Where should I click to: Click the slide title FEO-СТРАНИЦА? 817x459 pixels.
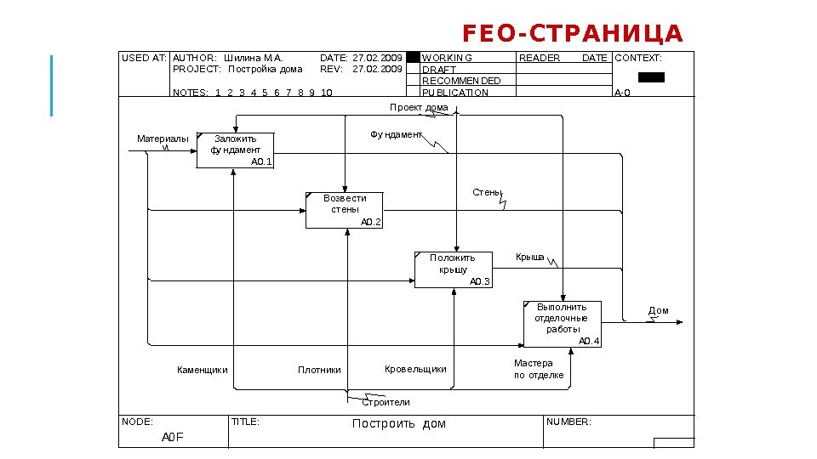click(572, 34)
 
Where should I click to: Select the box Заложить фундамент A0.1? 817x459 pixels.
click(235, 150)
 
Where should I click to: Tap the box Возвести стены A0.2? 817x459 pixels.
click(345, 210)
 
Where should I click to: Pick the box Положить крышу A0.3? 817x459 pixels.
click(453, 269)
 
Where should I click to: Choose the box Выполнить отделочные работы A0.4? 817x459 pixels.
click(562, 324)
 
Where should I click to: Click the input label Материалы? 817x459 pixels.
click(163, 139)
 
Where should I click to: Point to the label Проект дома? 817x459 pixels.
click(419, 108)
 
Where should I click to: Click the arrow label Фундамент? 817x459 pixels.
click(396, 135)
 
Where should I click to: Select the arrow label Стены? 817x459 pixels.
click(487, 192)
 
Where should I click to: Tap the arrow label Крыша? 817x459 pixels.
click(529, 257)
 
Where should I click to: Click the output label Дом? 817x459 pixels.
click(659, 311)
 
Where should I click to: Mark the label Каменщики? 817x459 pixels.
click(202, 370)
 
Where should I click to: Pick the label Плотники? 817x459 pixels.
click(319, 370)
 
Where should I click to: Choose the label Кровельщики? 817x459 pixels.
click(415, 369)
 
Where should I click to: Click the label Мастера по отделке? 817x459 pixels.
click(538, 369)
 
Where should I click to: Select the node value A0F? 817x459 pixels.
click(173, 437)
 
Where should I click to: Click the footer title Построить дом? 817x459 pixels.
click(398, 423)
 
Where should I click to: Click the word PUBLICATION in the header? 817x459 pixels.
click(455, 93)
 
